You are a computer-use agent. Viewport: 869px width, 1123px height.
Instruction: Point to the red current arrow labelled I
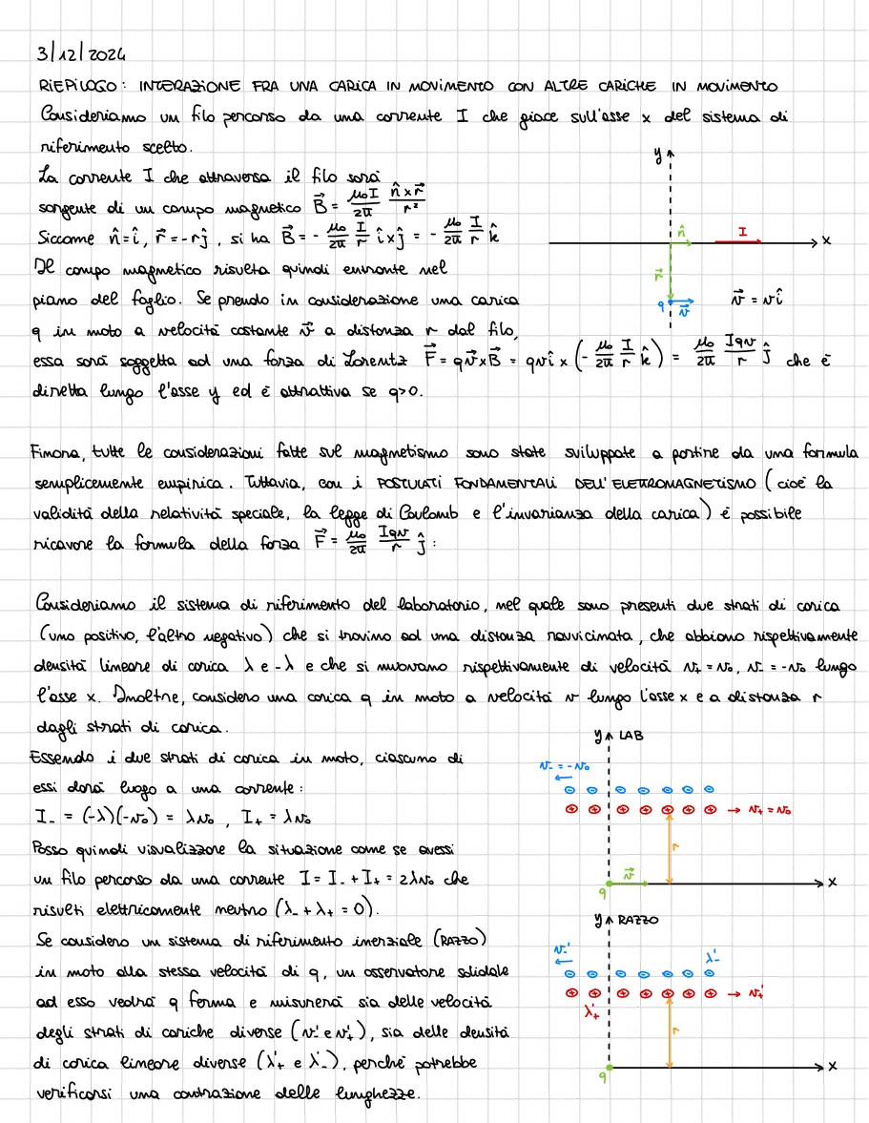coord(740,242)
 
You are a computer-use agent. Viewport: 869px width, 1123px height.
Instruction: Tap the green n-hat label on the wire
coord(680,230)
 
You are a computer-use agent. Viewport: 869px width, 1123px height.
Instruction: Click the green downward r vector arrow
coord(672,277)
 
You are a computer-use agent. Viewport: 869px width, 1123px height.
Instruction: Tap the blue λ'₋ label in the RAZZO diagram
coord(713,955)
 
